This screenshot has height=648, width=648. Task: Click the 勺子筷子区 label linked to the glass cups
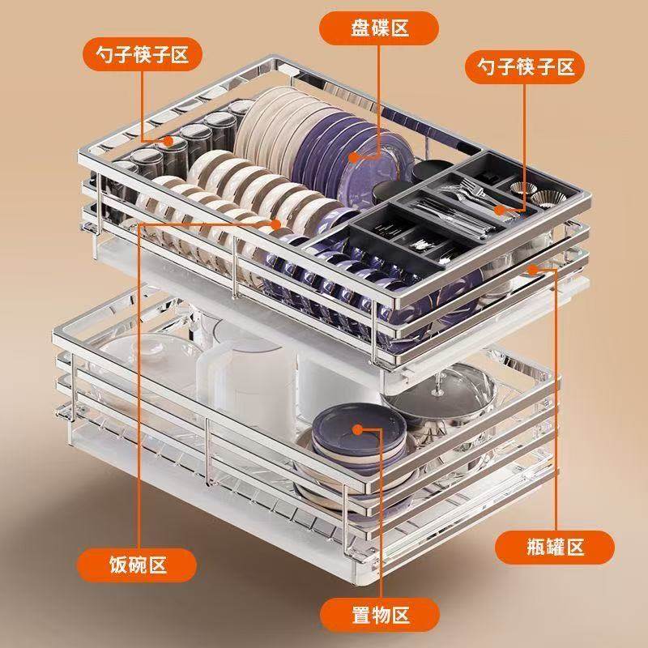click(x=135, y=54)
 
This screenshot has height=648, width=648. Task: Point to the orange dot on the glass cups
click(x=169, y=140)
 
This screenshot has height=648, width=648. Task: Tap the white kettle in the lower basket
click(x=235, y=381)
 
